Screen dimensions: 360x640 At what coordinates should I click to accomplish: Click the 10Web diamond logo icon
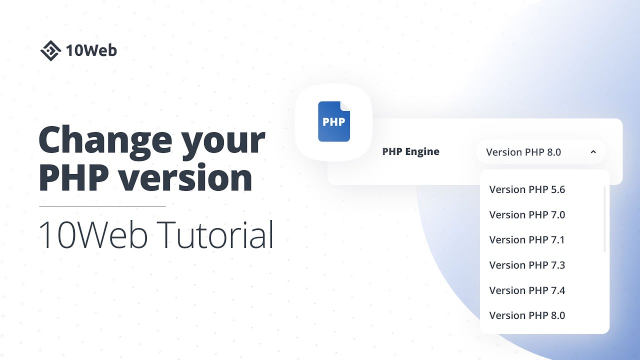pyautogui.click(x=50, y=50)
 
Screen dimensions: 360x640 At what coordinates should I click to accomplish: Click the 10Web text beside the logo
pyautogui.click(x=91, y=50)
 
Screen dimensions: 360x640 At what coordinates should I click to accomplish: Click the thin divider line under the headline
pyautogui.click(x=102, y=206)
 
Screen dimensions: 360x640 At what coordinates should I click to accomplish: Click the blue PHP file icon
pyautogui.click(x=334, y=121)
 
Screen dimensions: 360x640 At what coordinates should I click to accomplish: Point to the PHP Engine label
pyautogui.click(x=410, y=152)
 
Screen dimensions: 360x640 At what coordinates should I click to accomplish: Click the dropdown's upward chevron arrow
pyautogui.click(x=593, y=152)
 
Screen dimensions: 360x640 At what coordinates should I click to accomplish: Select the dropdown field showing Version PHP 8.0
pyautogui.click(x=530, y=152)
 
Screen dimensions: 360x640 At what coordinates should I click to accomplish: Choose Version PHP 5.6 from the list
pyautogui.click(x=527, y=189)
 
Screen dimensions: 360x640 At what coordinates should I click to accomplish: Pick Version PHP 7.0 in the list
pyautogui.click(x=527, y=215)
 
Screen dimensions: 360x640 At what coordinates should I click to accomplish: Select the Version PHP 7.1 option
pyautogui.click(x=527, y=240)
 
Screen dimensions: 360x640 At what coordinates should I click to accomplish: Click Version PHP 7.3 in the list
pyautogui.click(x=527, y=265)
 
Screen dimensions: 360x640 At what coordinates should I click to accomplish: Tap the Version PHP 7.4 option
pyautogui.click(x=527, y=290)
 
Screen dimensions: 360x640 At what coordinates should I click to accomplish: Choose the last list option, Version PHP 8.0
pyautogui.click(x=527, y=315)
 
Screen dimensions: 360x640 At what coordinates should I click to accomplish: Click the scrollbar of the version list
pyautogui.click(x=605, y=219)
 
